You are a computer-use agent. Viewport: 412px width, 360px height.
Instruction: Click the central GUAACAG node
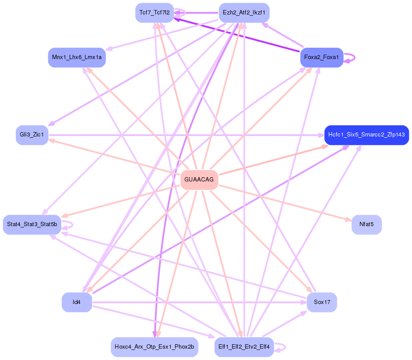(199, 180)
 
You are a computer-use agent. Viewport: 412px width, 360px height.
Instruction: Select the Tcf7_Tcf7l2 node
(155, 12)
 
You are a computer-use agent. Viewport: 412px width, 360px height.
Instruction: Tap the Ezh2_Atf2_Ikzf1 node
(244, 12)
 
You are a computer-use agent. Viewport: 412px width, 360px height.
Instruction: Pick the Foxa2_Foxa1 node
(321, 57)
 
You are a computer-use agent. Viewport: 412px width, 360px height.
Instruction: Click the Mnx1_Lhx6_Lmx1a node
(77, 57)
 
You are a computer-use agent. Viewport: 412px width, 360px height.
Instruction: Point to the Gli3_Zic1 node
(32, 135)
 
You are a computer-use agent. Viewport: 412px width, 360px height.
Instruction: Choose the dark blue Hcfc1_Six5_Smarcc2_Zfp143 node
(366, 135)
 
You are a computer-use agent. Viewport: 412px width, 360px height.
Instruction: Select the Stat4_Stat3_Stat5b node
(32, 224)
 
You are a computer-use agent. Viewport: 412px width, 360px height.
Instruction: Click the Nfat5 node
(366, 224)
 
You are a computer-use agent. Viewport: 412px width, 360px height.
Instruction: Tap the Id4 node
(77, 302)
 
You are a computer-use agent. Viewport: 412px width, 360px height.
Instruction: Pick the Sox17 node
(321, 302)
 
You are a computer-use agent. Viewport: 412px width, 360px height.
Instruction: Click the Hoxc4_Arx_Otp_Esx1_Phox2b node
(155, 347)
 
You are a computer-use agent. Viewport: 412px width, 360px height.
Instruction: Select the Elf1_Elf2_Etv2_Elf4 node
(244, 347)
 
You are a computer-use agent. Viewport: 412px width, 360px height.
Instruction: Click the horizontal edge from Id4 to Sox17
(197, 302)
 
